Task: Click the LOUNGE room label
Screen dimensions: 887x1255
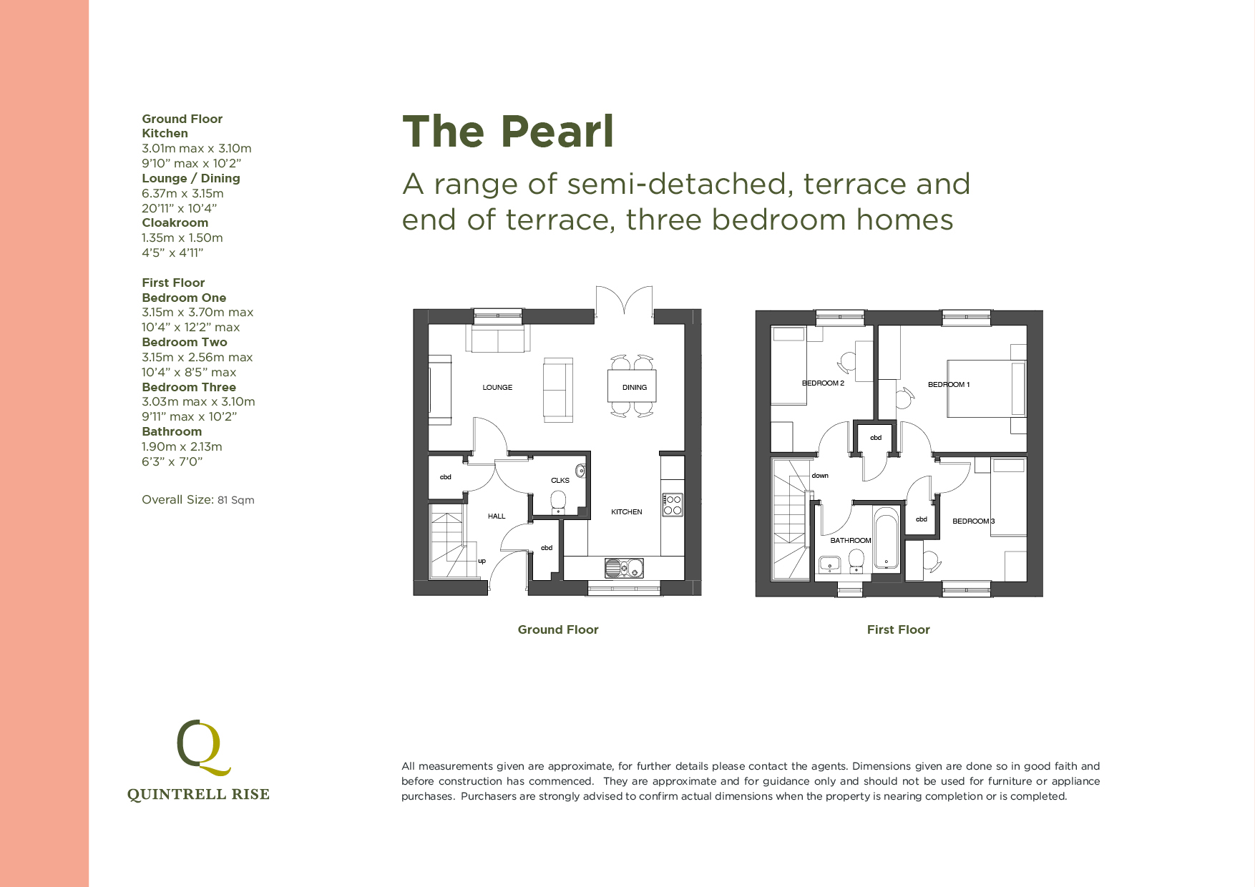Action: coord(497,388)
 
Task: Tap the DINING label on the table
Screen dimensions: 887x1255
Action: coord(635,388)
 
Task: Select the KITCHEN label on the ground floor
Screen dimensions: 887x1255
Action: coord(627,512)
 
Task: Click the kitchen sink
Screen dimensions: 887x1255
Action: coord(624,569)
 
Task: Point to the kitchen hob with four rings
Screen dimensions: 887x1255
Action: coord(673,505)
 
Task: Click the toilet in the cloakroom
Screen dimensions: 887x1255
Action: coord(559,501)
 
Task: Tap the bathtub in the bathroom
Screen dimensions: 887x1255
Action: coord(886,539)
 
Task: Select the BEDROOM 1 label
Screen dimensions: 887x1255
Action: coord(949,385)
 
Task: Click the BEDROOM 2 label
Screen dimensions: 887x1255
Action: coord(823,383)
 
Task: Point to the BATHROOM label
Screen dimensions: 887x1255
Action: coord(851,541)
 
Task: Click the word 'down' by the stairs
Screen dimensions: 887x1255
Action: coord(820,476)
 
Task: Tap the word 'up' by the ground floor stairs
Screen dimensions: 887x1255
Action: coord(482,561)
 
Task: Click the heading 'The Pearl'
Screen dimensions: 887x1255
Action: coord(508,132)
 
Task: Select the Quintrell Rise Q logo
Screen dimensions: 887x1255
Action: coord(202,748)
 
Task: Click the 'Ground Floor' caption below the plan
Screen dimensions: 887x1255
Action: coord(558,629)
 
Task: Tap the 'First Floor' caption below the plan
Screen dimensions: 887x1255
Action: coord(898,629)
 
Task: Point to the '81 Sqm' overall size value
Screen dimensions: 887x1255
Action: coord(236,500)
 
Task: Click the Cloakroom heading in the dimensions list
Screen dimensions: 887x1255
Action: coord(175,223)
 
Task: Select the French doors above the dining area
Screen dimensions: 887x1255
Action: coord(625,300)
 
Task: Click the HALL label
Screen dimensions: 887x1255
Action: coord(497,516)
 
